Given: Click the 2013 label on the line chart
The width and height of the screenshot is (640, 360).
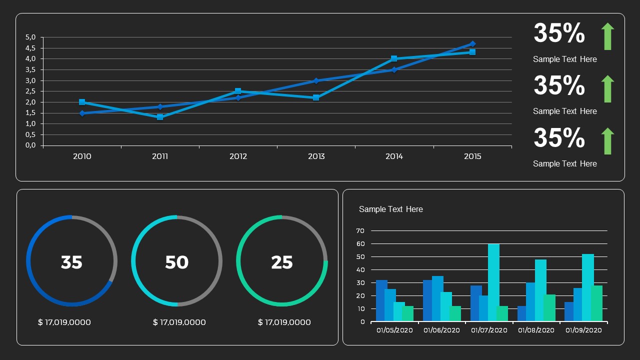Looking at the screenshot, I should pos(316,156).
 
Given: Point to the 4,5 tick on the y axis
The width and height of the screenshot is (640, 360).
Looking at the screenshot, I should pos(30,48).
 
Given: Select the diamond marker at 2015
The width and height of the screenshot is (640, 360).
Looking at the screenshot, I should pos(472,44).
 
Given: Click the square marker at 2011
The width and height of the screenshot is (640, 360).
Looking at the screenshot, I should pos(160,117).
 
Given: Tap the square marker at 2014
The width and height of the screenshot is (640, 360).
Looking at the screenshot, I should pos(394,58).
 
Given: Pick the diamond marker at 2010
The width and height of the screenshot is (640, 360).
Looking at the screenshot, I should pos(82,113).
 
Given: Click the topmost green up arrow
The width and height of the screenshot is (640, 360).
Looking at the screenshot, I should pos(607,36).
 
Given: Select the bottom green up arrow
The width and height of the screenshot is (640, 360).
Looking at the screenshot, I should pos(607,141).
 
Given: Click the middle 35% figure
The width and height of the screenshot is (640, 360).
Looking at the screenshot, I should pos(559,85).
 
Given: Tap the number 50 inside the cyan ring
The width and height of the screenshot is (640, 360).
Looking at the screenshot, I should pos(176,262).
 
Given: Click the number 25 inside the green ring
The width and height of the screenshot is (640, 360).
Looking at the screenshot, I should pos(281,262).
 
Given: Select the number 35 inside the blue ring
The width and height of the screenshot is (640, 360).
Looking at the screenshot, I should pos(71,262).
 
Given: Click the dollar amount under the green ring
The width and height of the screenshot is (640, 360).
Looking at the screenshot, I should pos(284,322).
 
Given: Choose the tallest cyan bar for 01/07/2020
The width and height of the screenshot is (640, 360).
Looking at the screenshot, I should pos(493,282).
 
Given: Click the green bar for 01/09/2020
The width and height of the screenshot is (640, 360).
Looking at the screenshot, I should pos(596,303).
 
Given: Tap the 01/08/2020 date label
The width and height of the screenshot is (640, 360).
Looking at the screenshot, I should pos(536,330).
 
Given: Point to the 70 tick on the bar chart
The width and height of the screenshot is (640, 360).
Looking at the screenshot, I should pos(360,231).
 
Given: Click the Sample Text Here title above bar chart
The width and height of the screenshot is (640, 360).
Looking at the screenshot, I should pos(390,209).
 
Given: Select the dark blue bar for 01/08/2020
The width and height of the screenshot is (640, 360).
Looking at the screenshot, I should pos(521,313).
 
